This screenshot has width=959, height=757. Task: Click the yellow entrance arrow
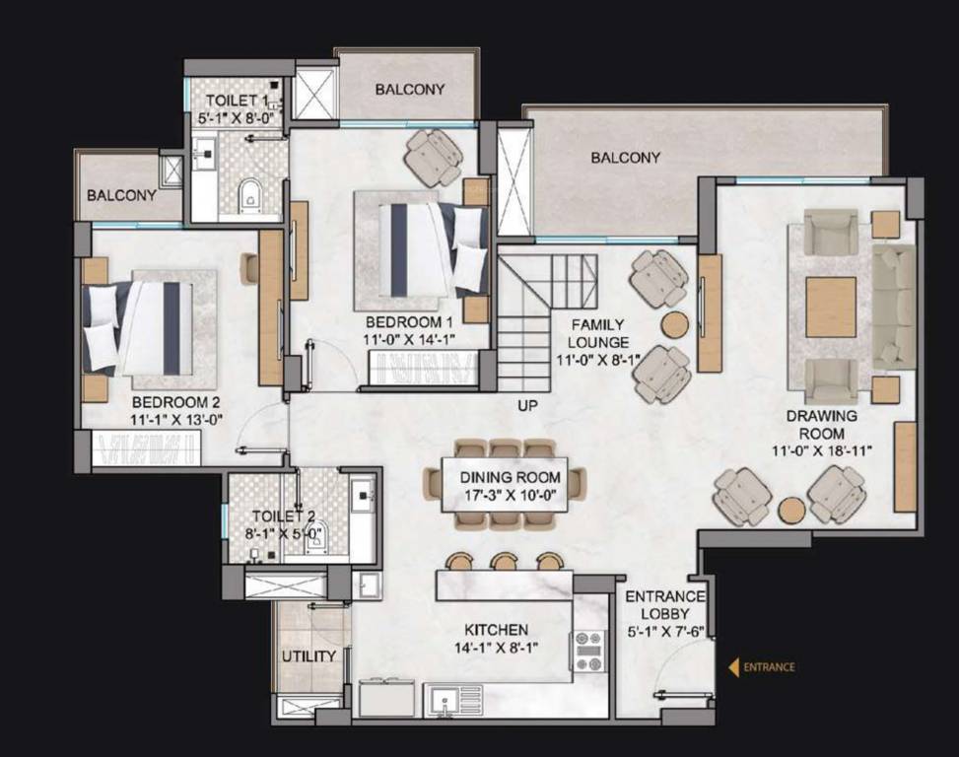[x=733, y=667]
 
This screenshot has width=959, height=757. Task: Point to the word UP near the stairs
[x=528, y=405]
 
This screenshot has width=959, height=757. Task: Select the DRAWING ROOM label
[x=821, y=425]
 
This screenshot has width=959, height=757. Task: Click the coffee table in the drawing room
[x=831, y=307]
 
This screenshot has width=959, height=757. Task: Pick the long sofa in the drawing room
[x=893, y=306]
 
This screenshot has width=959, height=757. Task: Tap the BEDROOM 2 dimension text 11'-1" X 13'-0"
[x=176, y=418]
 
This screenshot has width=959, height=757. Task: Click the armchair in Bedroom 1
[x=433, y=157]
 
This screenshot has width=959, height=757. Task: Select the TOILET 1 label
[x=236, y=101]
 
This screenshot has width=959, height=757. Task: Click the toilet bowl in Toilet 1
[x=249, y=194]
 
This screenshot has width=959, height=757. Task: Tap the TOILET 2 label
[x=283, y=516]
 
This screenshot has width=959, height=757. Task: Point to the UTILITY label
[x=308, y=655]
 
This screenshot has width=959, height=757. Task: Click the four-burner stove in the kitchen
[x=588, y=652]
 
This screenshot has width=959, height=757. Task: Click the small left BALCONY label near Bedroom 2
[x=121, y=195]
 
